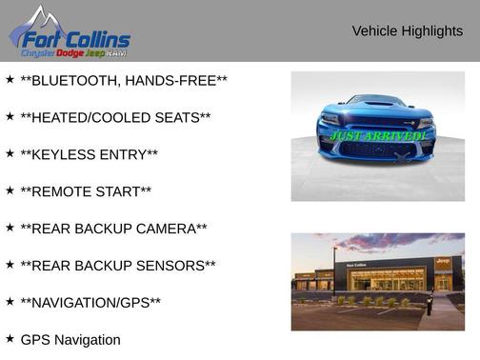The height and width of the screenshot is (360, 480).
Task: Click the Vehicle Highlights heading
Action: point(407,30)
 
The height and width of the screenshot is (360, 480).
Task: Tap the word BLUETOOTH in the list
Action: point(79,81)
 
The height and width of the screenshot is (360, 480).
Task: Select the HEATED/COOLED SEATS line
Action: point(115,118)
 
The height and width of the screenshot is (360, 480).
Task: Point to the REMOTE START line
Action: point(86,191)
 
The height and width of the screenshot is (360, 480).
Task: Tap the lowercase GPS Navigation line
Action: point(70,340)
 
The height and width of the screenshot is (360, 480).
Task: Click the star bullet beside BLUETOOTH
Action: point(10,80)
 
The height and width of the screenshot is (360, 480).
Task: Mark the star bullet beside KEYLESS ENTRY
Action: point(10,154)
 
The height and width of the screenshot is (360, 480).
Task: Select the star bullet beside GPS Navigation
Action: point(10,338)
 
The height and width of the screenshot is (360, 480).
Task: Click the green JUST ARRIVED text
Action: point(378,136)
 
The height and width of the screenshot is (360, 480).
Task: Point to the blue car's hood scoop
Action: point(378,102)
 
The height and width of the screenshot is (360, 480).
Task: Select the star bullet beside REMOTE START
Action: point(10,190)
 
